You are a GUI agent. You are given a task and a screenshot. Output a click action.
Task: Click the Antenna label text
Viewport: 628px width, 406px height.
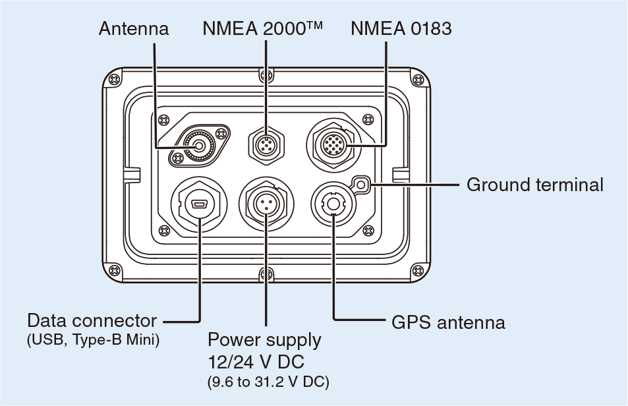134,28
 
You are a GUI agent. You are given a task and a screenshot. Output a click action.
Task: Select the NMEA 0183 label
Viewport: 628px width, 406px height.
401,28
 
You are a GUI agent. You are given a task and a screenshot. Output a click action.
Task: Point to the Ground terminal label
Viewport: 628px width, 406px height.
534,185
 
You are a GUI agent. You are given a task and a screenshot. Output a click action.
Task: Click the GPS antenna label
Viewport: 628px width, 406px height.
448,322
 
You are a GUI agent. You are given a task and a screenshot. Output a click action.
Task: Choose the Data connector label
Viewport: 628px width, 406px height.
92,322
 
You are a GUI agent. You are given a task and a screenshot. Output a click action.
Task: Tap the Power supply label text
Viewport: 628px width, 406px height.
264,340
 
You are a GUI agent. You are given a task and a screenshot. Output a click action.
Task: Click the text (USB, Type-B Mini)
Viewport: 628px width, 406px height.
93,341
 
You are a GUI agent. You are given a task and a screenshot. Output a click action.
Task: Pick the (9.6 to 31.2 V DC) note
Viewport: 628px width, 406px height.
268,382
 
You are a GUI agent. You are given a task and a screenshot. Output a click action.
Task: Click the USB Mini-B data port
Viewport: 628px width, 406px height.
199,206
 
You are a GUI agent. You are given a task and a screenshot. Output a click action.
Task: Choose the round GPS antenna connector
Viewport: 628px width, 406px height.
334,204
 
